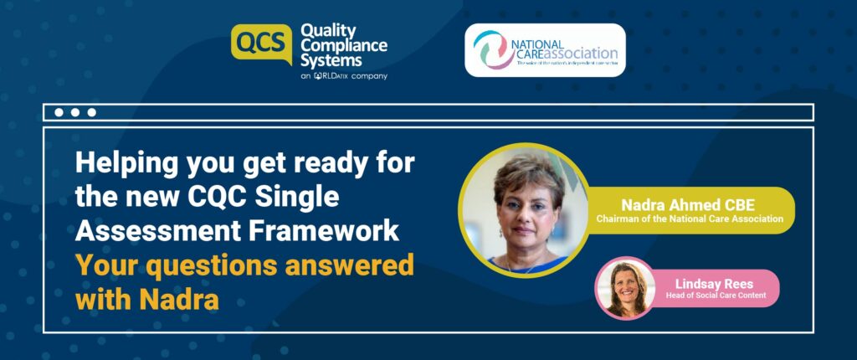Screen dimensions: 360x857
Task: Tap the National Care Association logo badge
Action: pos(545,49)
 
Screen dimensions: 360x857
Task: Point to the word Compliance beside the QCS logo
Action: pos(342,46)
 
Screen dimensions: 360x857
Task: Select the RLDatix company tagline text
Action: pos(343,76)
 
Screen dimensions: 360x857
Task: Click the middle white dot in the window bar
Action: pos(75,112)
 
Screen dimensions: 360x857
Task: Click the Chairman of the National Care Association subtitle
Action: pos(690,219)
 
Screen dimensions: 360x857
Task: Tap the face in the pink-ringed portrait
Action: pos(624,284)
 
